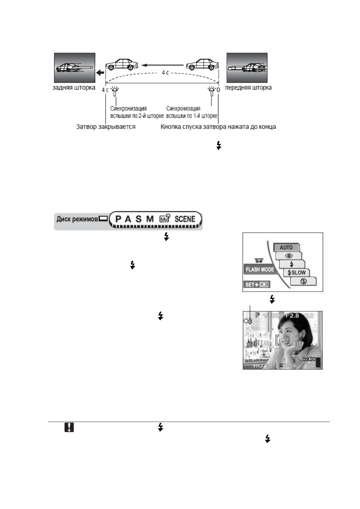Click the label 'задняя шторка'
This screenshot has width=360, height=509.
(74, 88)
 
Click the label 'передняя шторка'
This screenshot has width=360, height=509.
(248, 88)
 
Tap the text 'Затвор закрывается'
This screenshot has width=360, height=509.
(106, 127)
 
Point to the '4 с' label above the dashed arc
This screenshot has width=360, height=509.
(165, 73)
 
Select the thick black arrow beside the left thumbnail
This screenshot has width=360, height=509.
(100, 73)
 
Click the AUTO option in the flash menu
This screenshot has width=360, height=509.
(286, 247)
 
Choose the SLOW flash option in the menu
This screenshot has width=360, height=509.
(296, 273)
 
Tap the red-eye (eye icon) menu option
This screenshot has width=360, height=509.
(289, 256)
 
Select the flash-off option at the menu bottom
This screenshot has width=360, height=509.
(304, 281)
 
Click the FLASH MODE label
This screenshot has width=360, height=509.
(260, 269)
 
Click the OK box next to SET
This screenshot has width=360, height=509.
(263, 284)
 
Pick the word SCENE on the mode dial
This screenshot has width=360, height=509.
(185, 219)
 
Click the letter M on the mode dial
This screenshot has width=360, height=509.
(150, 219)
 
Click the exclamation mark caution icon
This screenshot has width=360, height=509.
(69, 427)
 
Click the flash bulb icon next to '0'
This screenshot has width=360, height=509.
(211, 91)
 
